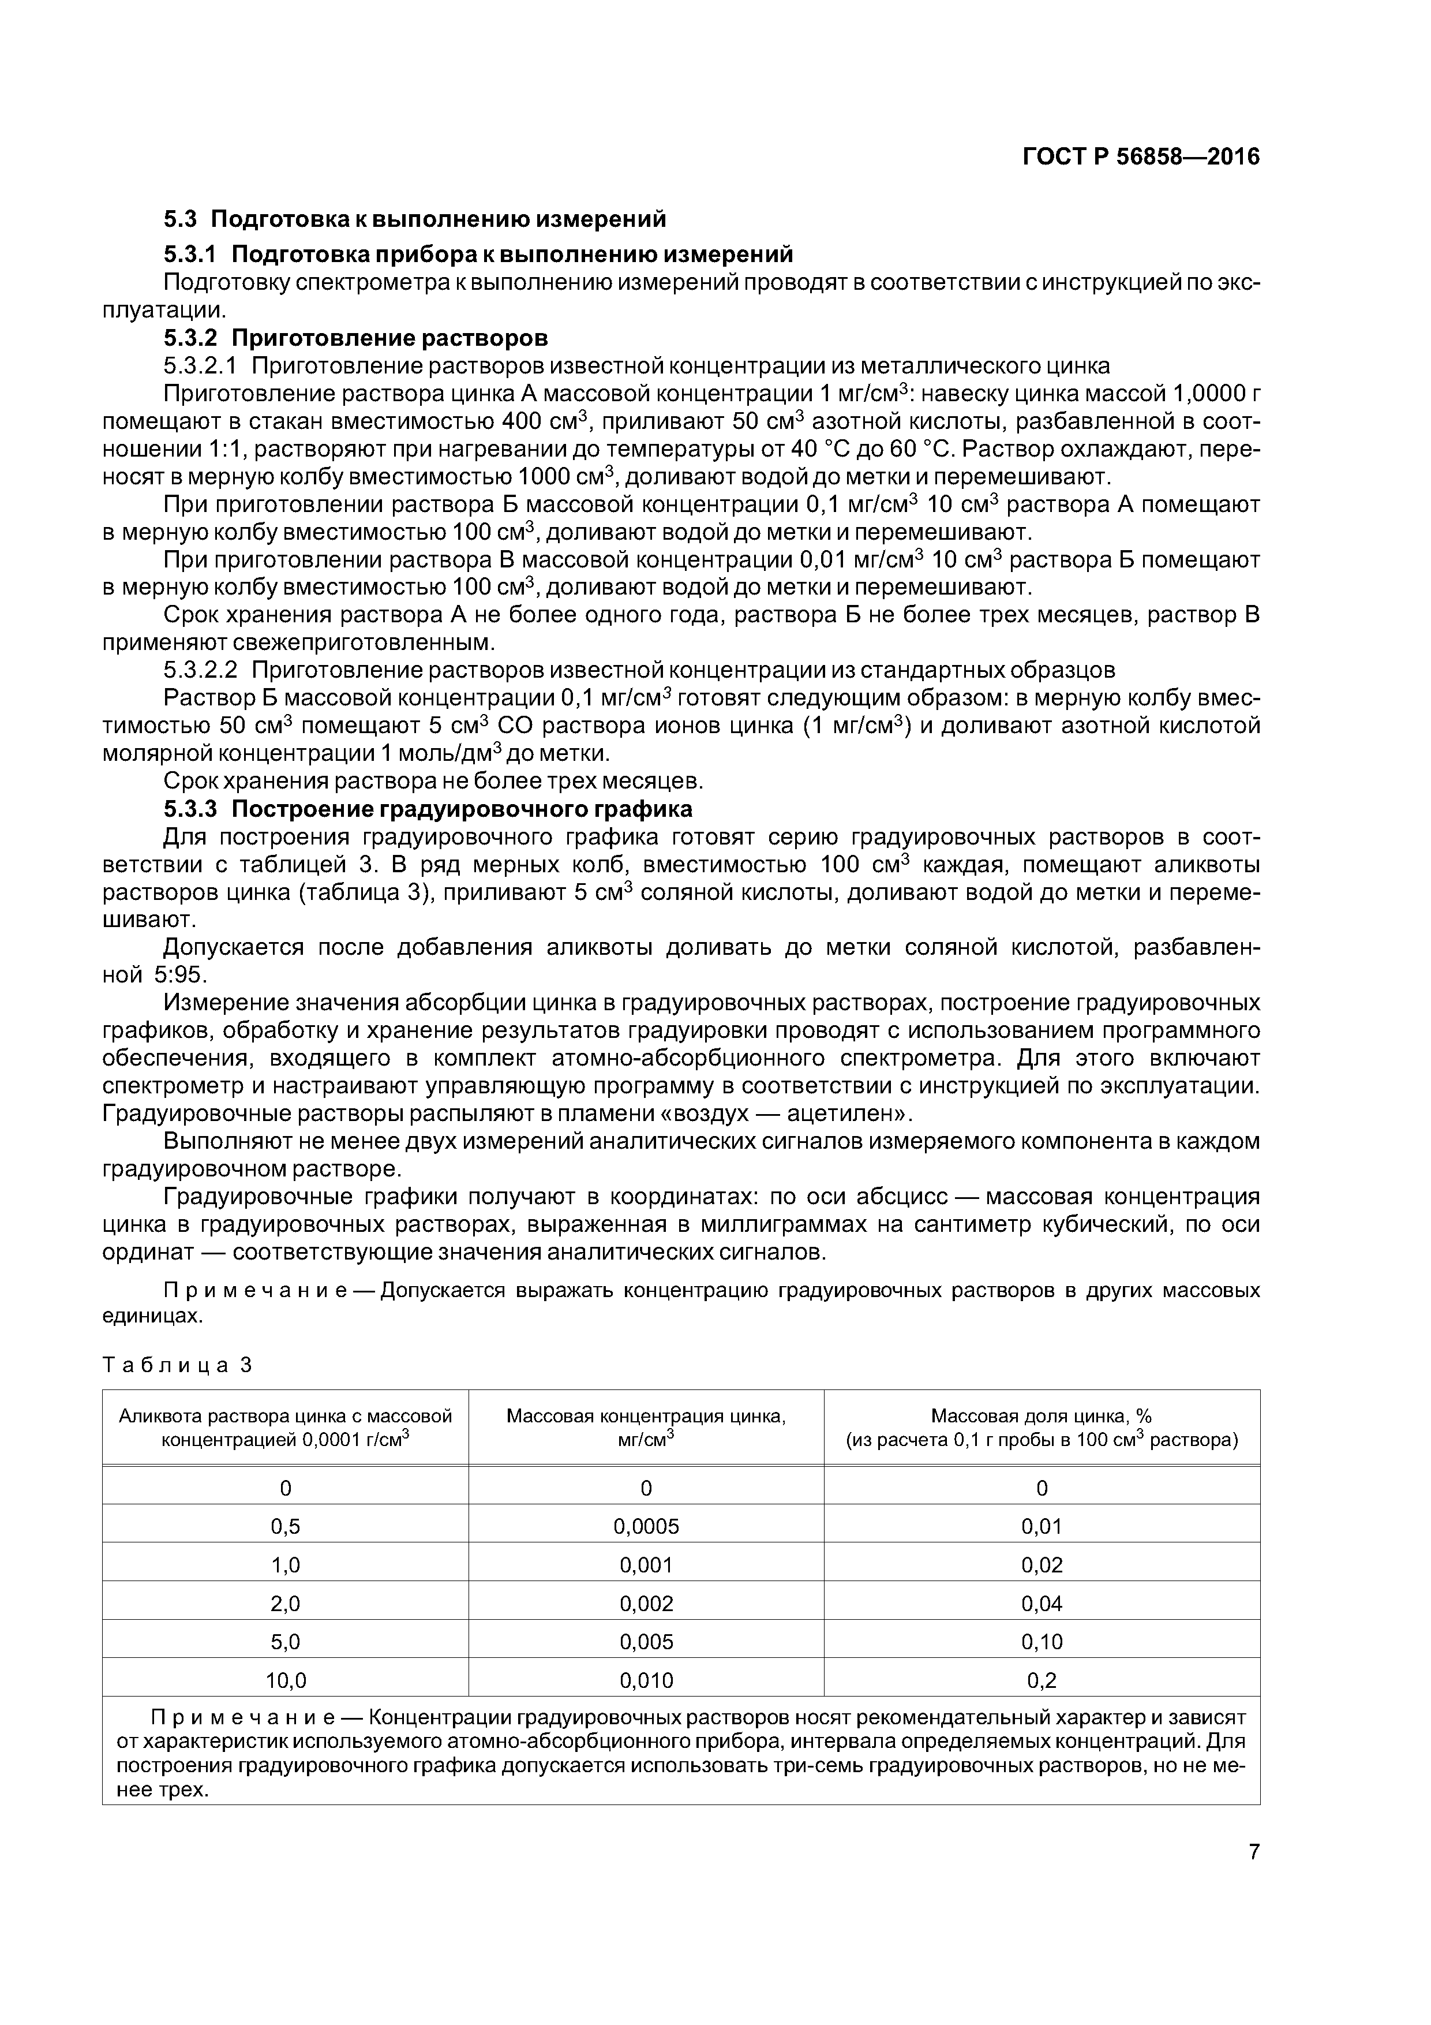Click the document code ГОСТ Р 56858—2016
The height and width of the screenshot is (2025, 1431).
[1141, 157]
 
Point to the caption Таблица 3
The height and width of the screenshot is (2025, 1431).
[177, 1365]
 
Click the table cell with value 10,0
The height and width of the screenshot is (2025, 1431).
[286, 1680]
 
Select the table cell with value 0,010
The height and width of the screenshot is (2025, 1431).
[646, 1680]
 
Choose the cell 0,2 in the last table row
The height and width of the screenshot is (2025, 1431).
[1042, 1680]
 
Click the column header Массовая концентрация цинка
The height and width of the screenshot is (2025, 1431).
[646, 1427]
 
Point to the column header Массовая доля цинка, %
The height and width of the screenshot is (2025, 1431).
[1042, 1427]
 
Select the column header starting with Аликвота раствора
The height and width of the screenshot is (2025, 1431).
[286, 1427]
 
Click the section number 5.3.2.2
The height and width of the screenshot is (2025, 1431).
[201, 670]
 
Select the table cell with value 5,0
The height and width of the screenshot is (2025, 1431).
[286, 1641]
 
